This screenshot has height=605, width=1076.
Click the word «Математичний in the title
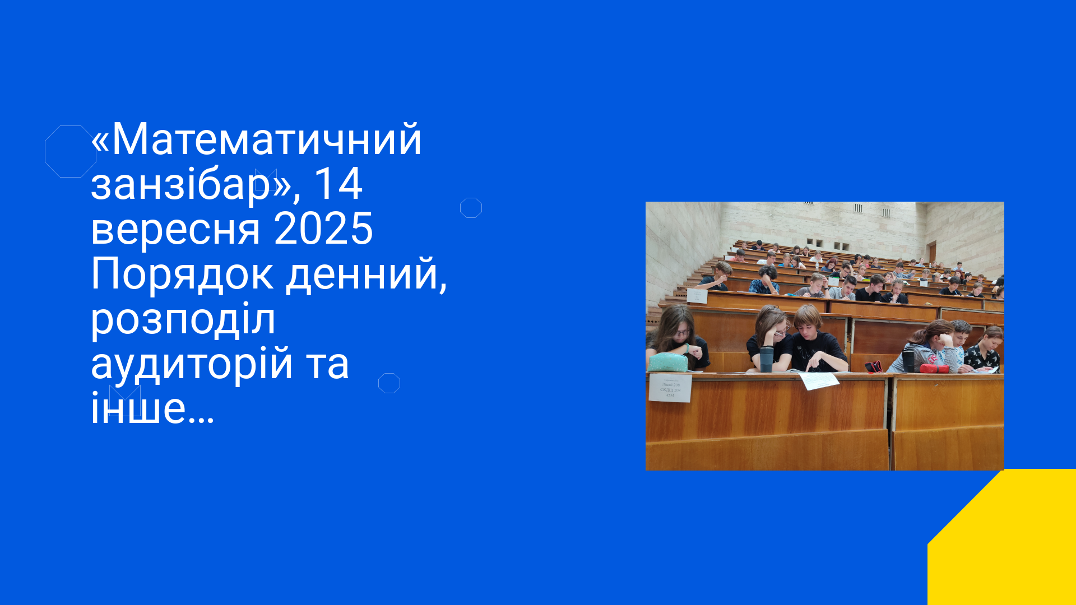(x=256, y=139)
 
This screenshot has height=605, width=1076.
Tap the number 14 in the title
(x=338, y=184)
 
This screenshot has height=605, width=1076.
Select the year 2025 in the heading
(x=323, y=229)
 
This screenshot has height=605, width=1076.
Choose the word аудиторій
(x=192, y=363)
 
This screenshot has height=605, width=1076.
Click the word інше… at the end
(x=152, y=407)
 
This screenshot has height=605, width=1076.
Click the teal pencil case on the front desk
(x=668, y=362)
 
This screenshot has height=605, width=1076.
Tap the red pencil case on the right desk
(x=934, y=368)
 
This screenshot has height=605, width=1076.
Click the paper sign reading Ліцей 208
(x=670, y=388)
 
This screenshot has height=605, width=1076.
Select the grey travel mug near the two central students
(x=767, y=359)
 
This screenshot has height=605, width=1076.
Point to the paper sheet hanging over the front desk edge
(x=818, y=381)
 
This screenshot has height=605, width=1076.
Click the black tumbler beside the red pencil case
(x=908, y=360)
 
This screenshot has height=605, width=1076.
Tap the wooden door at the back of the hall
(x=932, y=252)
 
